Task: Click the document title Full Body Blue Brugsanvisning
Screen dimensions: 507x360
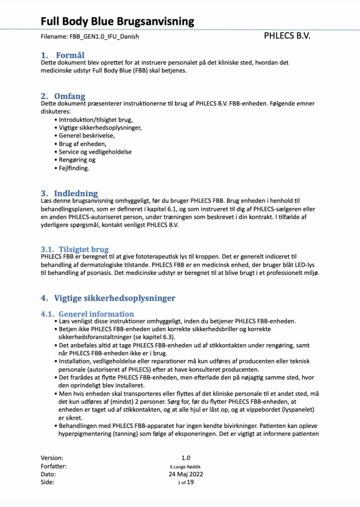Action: point(117,21)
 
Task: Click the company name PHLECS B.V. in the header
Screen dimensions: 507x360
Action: point(287,37)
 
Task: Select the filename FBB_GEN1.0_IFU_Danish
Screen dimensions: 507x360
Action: point(90,37)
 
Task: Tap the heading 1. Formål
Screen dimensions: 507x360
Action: point(63,55)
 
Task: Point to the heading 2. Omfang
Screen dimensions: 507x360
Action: point(63,96)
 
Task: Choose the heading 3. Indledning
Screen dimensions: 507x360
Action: point(69,193)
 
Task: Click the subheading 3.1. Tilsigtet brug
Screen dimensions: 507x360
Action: point(75,249)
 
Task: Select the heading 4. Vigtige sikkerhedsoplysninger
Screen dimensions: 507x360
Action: point(108,298)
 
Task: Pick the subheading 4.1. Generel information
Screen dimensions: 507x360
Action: point(88,314)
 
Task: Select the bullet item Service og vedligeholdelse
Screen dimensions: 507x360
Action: point(95,152)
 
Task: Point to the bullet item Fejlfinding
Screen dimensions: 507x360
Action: point(74,168)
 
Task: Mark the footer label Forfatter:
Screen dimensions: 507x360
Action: point(54,466)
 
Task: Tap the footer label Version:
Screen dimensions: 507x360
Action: point(52,457)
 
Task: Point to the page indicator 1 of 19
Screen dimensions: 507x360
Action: point(186,482)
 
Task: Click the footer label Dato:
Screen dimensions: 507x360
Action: point(49,474)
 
